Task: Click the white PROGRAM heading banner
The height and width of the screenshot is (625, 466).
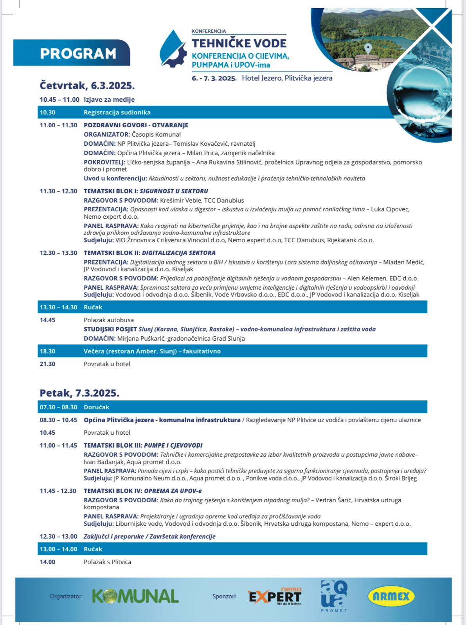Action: (78, 53)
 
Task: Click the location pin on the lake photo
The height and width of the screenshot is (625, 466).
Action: (368, 48)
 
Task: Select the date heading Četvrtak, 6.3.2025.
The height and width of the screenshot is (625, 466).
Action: (87, 86)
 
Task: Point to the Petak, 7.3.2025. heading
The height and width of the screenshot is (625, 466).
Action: (79, 393)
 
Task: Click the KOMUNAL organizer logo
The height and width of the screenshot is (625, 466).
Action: (135, 596)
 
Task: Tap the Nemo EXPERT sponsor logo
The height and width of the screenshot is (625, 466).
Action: (275, 596)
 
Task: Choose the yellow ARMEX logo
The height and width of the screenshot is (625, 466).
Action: (391, 596)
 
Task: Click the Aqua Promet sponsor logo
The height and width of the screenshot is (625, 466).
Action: (334, 596)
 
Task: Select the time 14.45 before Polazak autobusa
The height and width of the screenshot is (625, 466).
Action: (47, 320)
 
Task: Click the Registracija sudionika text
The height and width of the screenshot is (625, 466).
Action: (117, 112)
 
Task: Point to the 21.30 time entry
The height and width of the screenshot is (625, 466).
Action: (47, 364)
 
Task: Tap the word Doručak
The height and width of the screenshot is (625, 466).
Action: (96, 407)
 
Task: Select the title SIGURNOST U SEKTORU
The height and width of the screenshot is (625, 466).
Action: (174, 191)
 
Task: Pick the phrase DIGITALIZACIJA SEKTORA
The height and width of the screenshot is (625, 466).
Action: (178, 253)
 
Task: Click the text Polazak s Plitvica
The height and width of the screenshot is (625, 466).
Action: (107, 562)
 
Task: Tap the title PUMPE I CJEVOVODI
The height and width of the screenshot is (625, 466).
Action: (173, 445)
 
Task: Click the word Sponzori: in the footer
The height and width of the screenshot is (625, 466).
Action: (224, 596)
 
